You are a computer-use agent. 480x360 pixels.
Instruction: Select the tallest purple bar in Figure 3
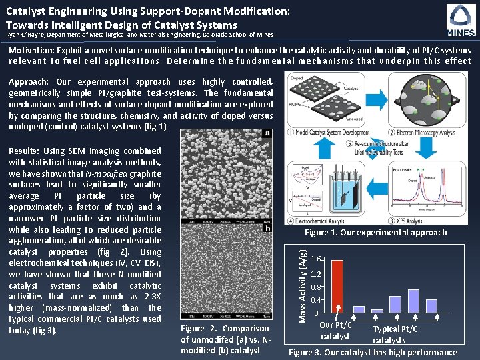point(413,301)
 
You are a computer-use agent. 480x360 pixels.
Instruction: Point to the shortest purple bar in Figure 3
point(377,311)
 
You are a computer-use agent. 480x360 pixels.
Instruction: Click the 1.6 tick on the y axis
point(319,259)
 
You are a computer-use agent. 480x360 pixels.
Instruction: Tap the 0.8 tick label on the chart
point(319,287)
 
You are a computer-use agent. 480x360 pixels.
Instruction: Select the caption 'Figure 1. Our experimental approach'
point(375,233)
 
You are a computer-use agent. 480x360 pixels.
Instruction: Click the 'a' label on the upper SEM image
point(267,133)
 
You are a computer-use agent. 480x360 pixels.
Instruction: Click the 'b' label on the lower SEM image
point(267,228)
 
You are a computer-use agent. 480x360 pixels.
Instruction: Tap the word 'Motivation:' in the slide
point(32,51)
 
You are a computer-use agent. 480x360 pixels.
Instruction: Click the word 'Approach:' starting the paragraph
point(30,82)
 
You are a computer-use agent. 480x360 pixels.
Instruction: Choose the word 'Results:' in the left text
point(27,151)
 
